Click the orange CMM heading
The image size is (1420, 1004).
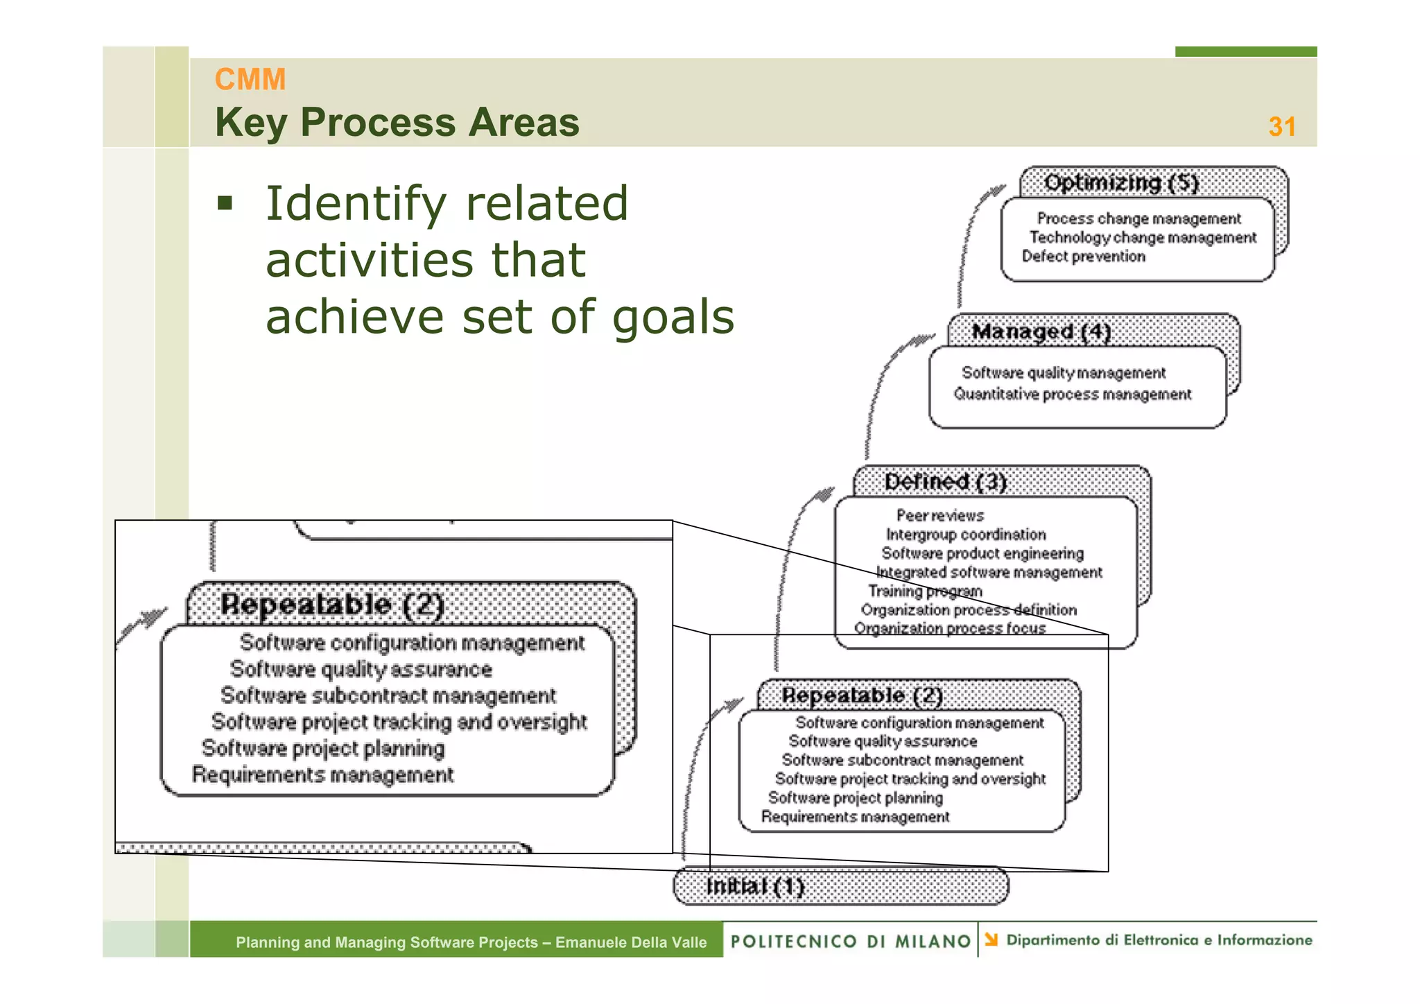click(x=250, y=79)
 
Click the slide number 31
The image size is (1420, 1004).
click(x=1281, y=127)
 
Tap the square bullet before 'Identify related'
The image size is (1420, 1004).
click(x=225, y=203)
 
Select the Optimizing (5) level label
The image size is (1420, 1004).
click(x=1120, y=183)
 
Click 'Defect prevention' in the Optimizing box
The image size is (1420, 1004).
click(x=1083, y=257)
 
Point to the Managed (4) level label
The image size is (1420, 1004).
click(x=1040, y=332)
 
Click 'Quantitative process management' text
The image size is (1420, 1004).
click(x=1072, y=395)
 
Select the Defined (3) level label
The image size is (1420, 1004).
click(x=945, y=481)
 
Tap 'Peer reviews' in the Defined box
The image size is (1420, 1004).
click(x=940, y=516)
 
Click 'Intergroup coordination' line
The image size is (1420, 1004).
click(x=966, y=535)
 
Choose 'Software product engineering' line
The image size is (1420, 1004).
click(x=982, y=553)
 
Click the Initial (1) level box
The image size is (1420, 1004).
click(x=840, y=886)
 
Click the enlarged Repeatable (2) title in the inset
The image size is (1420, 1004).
click(x=331, y=605)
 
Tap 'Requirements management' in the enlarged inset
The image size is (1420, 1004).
click(x=322, y=774)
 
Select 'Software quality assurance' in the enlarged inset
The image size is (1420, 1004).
click(x=361, y=669)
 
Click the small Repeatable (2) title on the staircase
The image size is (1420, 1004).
click(x=862, y=695)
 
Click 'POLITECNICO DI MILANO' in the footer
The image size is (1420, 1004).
click(x=850, y=941)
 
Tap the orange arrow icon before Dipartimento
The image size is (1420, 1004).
click(x=992, y=940)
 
